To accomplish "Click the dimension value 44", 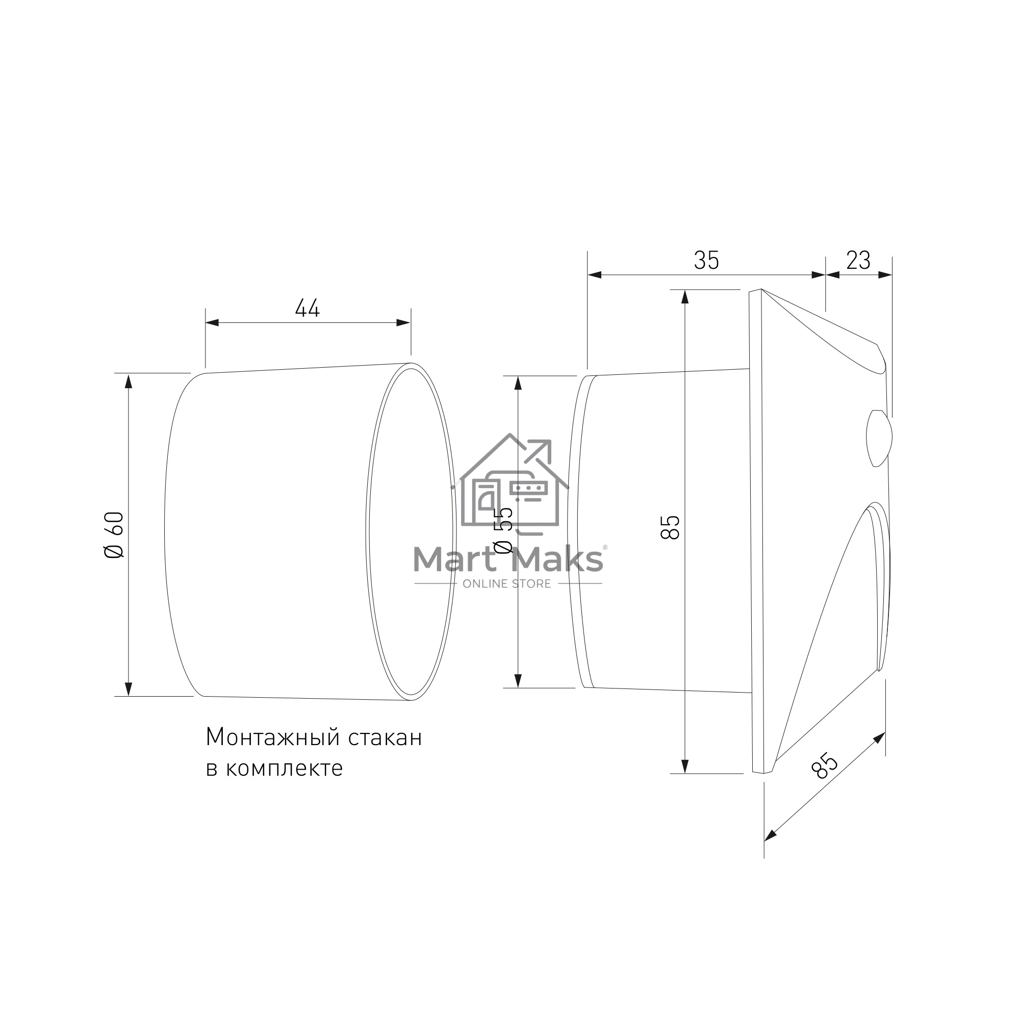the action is [307, 309].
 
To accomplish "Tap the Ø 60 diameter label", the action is [115, 535].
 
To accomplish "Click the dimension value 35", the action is [706, 260].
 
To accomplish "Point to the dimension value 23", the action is [858, 260].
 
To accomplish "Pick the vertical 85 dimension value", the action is [671, 527].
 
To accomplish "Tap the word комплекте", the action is [285, 769].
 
